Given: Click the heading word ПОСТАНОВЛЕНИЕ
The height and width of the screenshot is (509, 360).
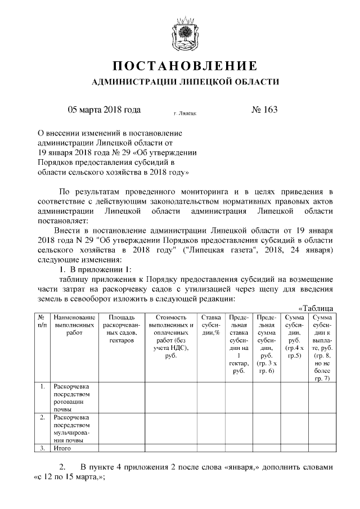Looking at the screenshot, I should click(180, 66).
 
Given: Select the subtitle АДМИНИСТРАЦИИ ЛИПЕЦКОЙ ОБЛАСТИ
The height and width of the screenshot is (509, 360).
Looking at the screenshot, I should click(180, 83).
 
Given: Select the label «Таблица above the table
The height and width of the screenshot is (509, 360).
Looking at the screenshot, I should click(316, 308).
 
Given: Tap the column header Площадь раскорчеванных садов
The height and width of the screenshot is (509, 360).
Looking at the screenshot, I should click(121, 329).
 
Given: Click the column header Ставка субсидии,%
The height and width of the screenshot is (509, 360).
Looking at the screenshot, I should click(211, 325).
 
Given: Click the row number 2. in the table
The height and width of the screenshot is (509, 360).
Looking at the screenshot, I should click(42, 417).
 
